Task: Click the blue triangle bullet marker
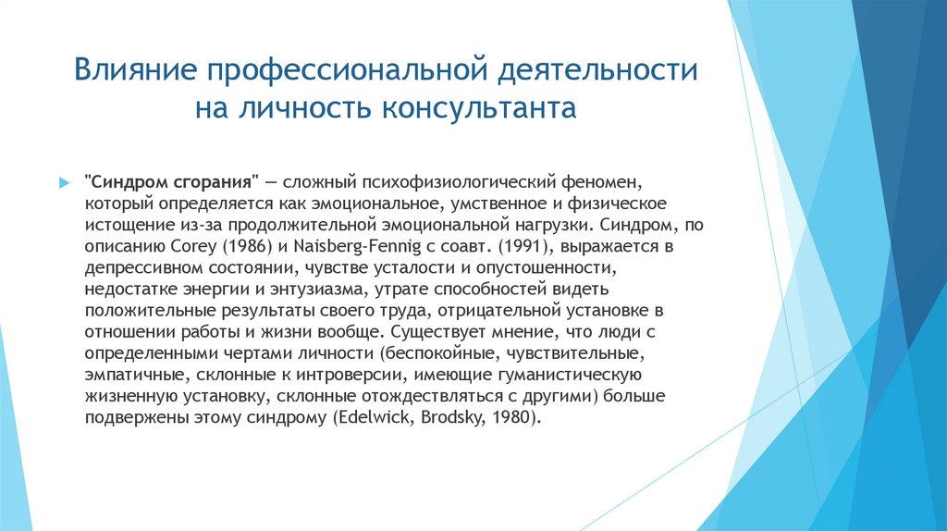64,182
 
